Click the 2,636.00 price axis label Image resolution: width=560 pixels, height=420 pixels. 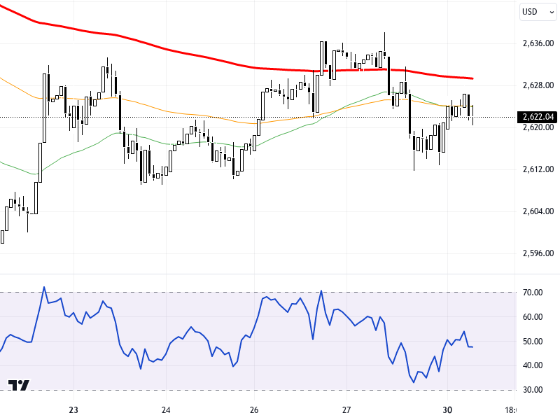coord(538,43)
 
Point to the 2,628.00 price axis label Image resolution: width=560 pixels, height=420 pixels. coord(538,85)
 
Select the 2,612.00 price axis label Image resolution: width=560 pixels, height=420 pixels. coord(538,169)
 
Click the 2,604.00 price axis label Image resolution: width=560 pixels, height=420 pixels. coord(538,211)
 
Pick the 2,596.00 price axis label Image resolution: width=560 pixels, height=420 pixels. coord(538,253)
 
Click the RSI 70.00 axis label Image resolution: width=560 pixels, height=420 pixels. coord(533,292)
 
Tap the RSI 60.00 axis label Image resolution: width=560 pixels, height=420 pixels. coord(533,316)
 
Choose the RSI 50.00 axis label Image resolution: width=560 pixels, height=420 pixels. coord(533,341)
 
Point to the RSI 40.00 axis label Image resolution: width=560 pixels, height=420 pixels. coord(533,365)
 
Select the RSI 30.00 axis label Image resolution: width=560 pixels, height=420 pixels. coord(533,390)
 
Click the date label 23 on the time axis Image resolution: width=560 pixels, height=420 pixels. coord(73,410)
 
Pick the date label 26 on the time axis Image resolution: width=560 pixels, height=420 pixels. coord(254,410)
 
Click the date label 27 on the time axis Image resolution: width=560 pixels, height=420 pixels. coord(346,410)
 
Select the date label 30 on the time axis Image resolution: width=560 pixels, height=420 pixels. coord(447,410)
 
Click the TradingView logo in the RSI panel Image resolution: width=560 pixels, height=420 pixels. coord(19,386)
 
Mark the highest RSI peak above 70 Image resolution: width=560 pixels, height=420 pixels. coord(43,287)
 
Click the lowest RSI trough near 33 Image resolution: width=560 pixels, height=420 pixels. coord(414,382)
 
